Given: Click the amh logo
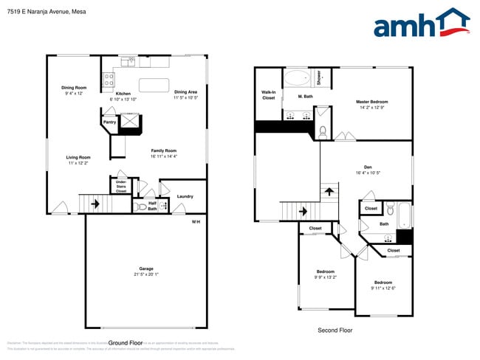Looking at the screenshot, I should (x=421, y=24).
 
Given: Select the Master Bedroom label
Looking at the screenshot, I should (x=371, y=102).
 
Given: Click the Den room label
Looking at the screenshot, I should (x=367, y=167).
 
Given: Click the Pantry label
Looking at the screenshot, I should (x=109, y=122).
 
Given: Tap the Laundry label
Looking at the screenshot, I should (x=185, y=196).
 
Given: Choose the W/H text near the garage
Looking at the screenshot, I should (x=196, y=222).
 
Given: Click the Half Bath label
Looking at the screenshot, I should (x=152, y=206).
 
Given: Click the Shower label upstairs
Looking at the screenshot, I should (x=319, y=77).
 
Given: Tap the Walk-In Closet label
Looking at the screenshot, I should (x=268, y=95).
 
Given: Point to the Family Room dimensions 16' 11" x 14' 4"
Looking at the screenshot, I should (x=163, y=156).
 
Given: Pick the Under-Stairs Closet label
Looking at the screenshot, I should (x=120, y=186).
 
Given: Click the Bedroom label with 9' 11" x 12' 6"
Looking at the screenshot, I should (x=383, y=283).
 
